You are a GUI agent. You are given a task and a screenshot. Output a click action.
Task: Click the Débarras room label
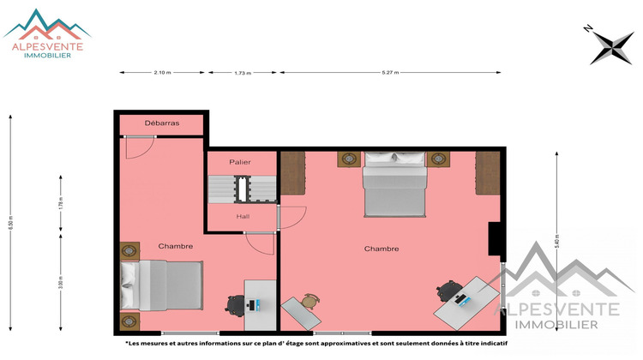coord(161,123)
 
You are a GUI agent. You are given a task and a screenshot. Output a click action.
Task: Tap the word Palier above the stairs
coord(239,162)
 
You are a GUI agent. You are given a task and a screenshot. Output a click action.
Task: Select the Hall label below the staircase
coord(243,216)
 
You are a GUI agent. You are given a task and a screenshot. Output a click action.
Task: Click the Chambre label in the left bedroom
coord(175,246)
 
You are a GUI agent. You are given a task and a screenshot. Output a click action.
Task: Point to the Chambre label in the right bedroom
coord(382,249)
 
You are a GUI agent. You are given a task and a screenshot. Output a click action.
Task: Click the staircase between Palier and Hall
coord(243,188)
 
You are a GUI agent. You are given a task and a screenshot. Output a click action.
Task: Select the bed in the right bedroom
coord(394,184)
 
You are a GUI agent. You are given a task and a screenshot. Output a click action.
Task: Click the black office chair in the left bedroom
coord(236,304)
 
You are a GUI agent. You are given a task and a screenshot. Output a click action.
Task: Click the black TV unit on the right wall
coord(495,239)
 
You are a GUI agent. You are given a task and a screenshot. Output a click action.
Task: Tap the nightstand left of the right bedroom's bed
coord(350,159)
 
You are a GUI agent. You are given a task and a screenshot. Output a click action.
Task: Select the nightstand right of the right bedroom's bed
coord(438,159)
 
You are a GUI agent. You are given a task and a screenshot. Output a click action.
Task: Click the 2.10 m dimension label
coord(161,73)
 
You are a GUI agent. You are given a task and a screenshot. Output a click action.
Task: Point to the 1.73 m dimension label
coord(243,73)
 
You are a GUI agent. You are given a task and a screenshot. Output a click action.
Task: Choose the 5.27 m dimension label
coord(393,73)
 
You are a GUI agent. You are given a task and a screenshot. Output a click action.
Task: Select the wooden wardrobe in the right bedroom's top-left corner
coord(293,171)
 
